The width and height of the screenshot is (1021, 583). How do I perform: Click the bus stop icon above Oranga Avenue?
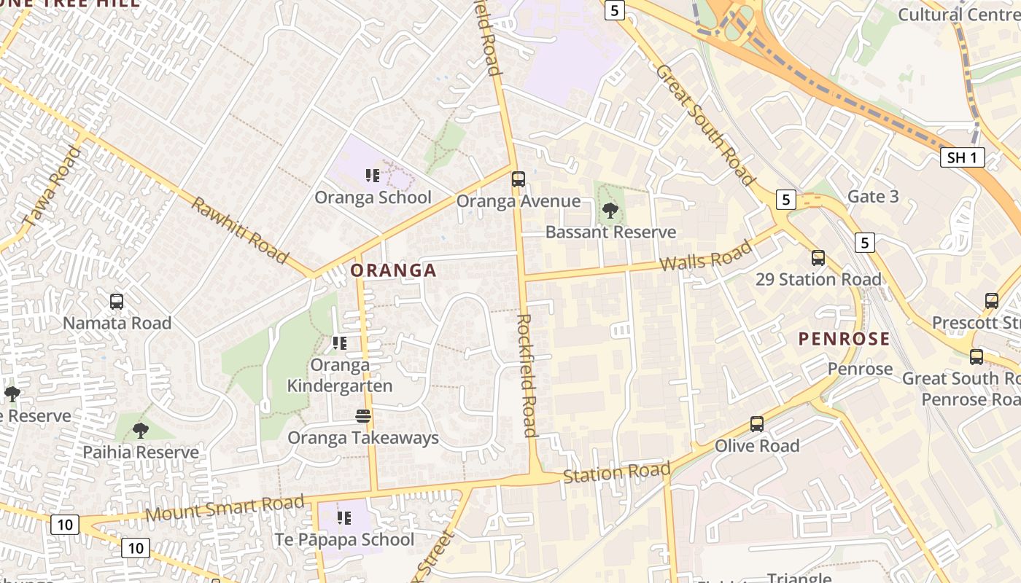tap(518, 179)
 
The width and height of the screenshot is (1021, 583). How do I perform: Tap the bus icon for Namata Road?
tap(117, 301)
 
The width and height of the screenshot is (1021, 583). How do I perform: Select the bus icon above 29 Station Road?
tap(818, 258)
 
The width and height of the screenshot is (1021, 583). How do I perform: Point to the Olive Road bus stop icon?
tap(757, 424)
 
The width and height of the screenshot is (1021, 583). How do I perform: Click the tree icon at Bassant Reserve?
tap(610, 211)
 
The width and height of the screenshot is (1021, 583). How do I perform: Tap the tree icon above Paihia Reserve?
tap(141, 431)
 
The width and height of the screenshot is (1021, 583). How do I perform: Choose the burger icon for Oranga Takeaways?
tap(363, 416)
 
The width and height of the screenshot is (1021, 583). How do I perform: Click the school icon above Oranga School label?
tap(373, 176)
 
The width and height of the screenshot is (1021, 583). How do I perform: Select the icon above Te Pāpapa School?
tap(343, 518)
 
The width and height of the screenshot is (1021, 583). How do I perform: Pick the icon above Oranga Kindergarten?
tap(339, 343)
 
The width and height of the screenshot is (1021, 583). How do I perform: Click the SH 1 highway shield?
tap(962, 157)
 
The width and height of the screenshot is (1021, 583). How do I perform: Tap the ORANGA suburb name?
tap(393, 271)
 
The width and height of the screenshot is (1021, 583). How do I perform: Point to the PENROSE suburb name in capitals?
tap(844, 339)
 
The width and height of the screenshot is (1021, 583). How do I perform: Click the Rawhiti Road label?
tap(239, 230)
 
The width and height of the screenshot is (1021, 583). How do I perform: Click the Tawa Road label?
tap(51, 187)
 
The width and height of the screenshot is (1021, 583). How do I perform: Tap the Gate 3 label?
tap(872, 197)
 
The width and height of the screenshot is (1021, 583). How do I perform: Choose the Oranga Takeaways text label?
tap(363, 438)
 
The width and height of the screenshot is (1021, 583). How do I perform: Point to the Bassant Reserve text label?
tap(610, 232)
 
